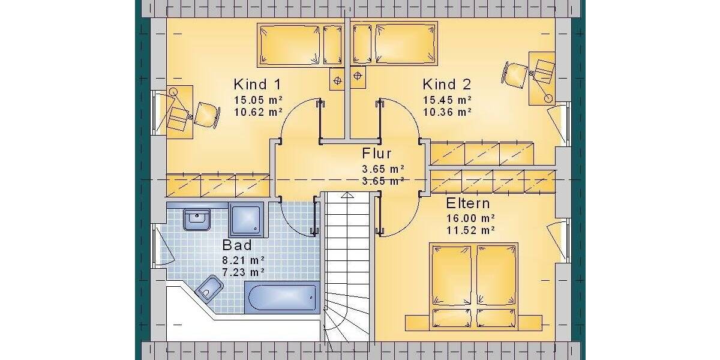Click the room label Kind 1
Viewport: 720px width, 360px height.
[257, 84]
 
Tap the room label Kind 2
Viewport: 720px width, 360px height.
[446, 84]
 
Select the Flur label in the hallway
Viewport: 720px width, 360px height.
[377, 154]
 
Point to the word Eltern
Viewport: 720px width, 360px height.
[468, 203]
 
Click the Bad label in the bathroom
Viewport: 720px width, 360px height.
[237, 245]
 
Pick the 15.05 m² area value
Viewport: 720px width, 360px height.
[258, 100]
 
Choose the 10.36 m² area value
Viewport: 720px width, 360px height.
[447, 112]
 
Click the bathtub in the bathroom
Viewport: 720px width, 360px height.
[281, 298]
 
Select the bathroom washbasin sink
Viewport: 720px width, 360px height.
[197, 220]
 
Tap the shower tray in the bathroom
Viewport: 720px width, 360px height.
[247, 220]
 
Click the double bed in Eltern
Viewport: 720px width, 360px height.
[473, 282]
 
